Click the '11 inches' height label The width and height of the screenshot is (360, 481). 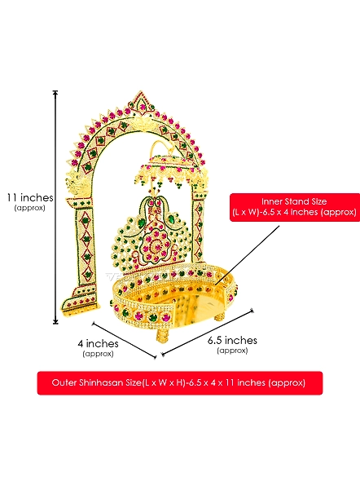pos(30,197)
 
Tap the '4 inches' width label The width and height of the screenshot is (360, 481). pos(98,343)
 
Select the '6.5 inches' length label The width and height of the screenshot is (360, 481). pos(232,340)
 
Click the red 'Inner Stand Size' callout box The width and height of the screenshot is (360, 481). pos(294,207)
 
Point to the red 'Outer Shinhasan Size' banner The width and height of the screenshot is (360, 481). pos(180,383)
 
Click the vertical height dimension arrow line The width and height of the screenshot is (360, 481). pos(55,207)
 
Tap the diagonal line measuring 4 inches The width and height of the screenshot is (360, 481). pos(124,340)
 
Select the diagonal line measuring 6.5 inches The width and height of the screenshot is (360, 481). pos(208,333)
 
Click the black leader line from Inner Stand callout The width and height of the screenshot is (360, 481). pos(248,255)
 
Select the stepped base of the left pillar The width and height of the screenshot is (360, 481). pos(81,302)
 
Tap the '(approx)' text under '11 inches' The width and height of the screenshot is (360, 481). pos(29,208)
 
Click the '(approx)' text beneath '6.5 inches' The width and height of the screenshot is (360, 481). pos(232,350)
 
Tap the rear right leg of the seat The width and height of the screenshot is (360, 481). pos(219,317)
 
